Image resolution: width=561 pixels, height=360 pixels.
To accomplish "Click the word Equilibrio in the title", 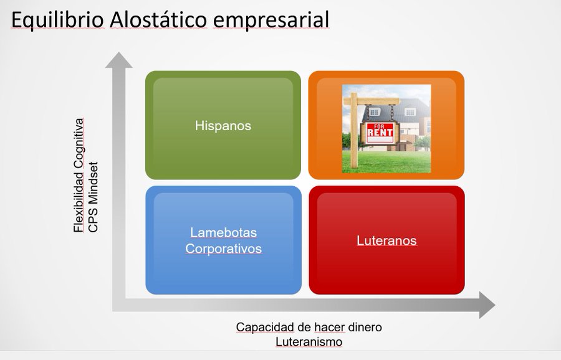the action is point(57,20).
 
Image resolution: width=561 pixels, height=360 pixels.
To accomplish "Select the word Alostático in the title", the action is point(158,20).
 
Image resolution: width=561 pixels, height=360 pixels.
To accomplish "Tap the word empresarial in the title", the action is point(271,21).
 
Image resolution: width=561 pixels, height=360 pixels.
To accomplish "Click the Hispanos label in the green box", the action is point(223,126).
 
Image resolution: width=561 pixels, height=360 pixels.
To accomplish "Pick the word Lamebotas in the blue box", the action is point(223,233).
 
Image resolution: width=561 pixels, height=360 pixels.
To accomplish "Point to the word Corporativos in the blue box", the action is point(223,249).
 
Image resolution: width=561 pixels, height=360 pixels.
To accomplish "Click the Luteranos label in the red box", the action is point(386,240).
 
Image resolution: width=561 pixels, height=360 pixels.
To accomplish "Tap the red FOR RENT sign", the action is point(380,133).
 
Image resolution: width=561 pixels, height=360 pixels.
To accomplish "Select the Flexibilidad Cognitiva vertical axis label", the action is point(79,175).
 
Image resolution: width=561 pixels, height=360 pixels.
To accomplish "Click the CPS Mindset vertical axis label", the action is point(93,197).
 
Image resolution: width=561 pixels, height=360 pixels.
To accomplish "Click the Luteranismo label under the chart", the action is point(309,342).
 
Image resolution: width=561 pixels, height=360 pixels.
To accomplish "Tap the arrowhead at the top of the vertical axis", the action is point(119,60).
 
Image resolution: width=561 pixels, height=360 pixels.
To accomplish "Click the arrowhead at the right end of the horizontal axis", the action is point(487,305).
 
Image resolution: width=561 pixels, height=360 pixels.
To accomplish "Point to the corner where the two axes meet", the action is point(119,305).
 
